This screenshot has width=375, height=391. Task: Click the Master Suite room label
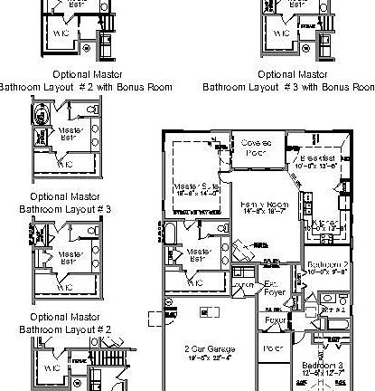pos(192,186)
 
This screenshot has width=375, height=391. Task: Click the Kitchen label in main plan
pos(326,223)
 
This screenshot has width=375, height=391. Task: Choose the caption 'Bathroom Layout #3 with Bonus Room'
pos(288,88)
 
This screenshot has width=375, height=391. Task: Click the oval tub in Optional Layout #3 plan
pos(42,116)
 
